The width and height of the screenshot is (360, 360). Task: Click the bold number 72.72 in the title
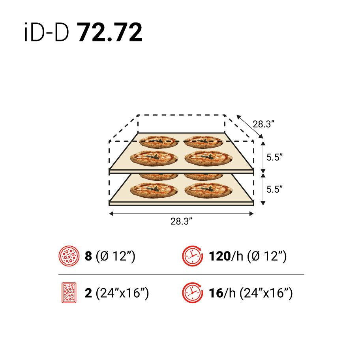point(110,33)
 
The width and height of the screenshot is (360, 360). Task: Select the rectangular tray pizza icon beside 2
point(69,293)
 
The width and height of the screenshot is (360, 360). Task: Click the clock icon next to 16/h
point(191,293)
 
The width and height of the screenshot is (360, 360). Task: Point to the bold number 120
point(219,256)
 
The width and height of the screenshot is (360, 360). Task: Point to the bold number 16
point(216,293)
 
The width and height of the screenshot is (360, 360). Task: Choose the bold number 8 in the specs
point(88,256)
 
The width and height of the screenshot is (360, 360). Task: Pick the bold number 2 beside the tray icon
point(88,293)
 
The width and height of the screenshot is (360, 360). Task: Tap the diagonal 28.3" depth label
point(264,124)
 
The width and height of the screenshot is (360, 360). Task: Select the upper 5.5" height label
point(275,157)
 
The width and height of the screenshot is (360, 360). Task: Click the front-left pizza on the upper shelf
point(154,158)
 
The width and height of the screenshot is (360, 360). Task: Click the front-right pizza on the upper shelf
point(207,158)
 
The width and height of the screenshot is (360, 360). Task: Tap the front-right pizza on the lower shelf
point(207,190)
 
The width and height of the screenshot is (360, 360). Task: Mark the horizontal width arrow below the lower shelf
point(181,214)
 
